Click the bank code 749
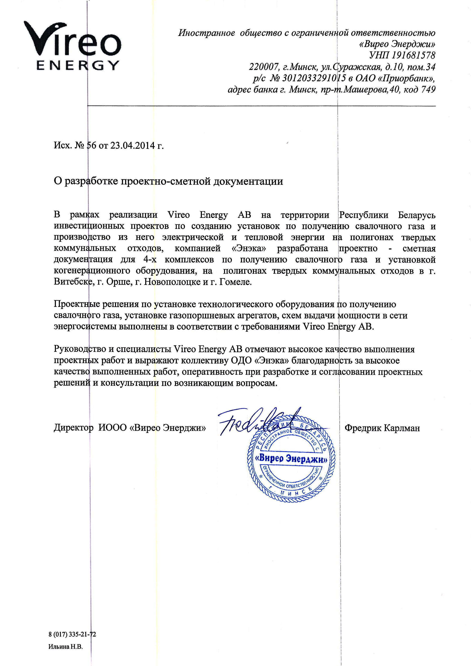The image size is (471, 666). tap(427, 90)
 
